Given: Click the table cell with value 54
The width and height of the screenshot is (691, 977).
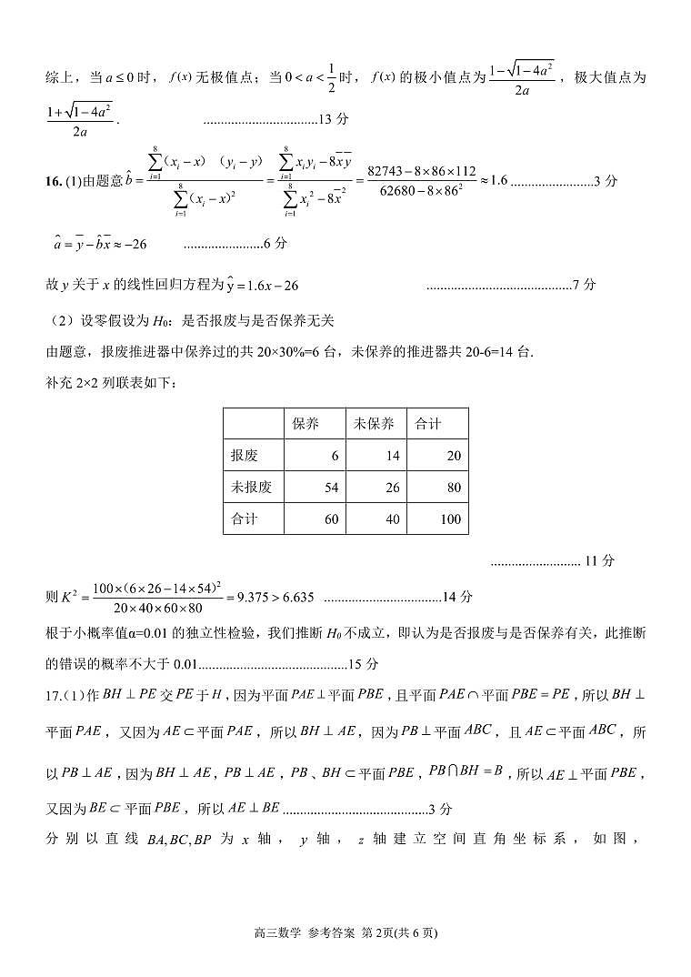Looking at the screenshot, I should tap(330, 488).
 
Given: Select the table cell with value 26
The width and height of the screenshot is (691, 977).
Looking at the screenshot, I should tap(392, 488).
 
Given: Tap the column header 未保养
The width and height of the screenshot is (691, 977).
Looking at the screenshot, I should tap(374, 424).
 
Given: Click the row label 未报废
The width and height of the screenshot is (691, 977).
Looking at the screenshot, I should tap(252, 488).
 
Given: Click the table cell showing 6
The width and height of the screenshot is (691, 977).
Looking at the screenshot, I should tap(334, 456).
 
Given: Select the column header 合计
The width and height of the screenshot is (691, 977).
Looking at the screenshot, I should tap(427, 424).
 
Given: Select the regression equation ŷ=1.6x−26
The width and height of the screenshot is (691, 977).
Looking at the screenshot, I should tap(262, 286).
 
